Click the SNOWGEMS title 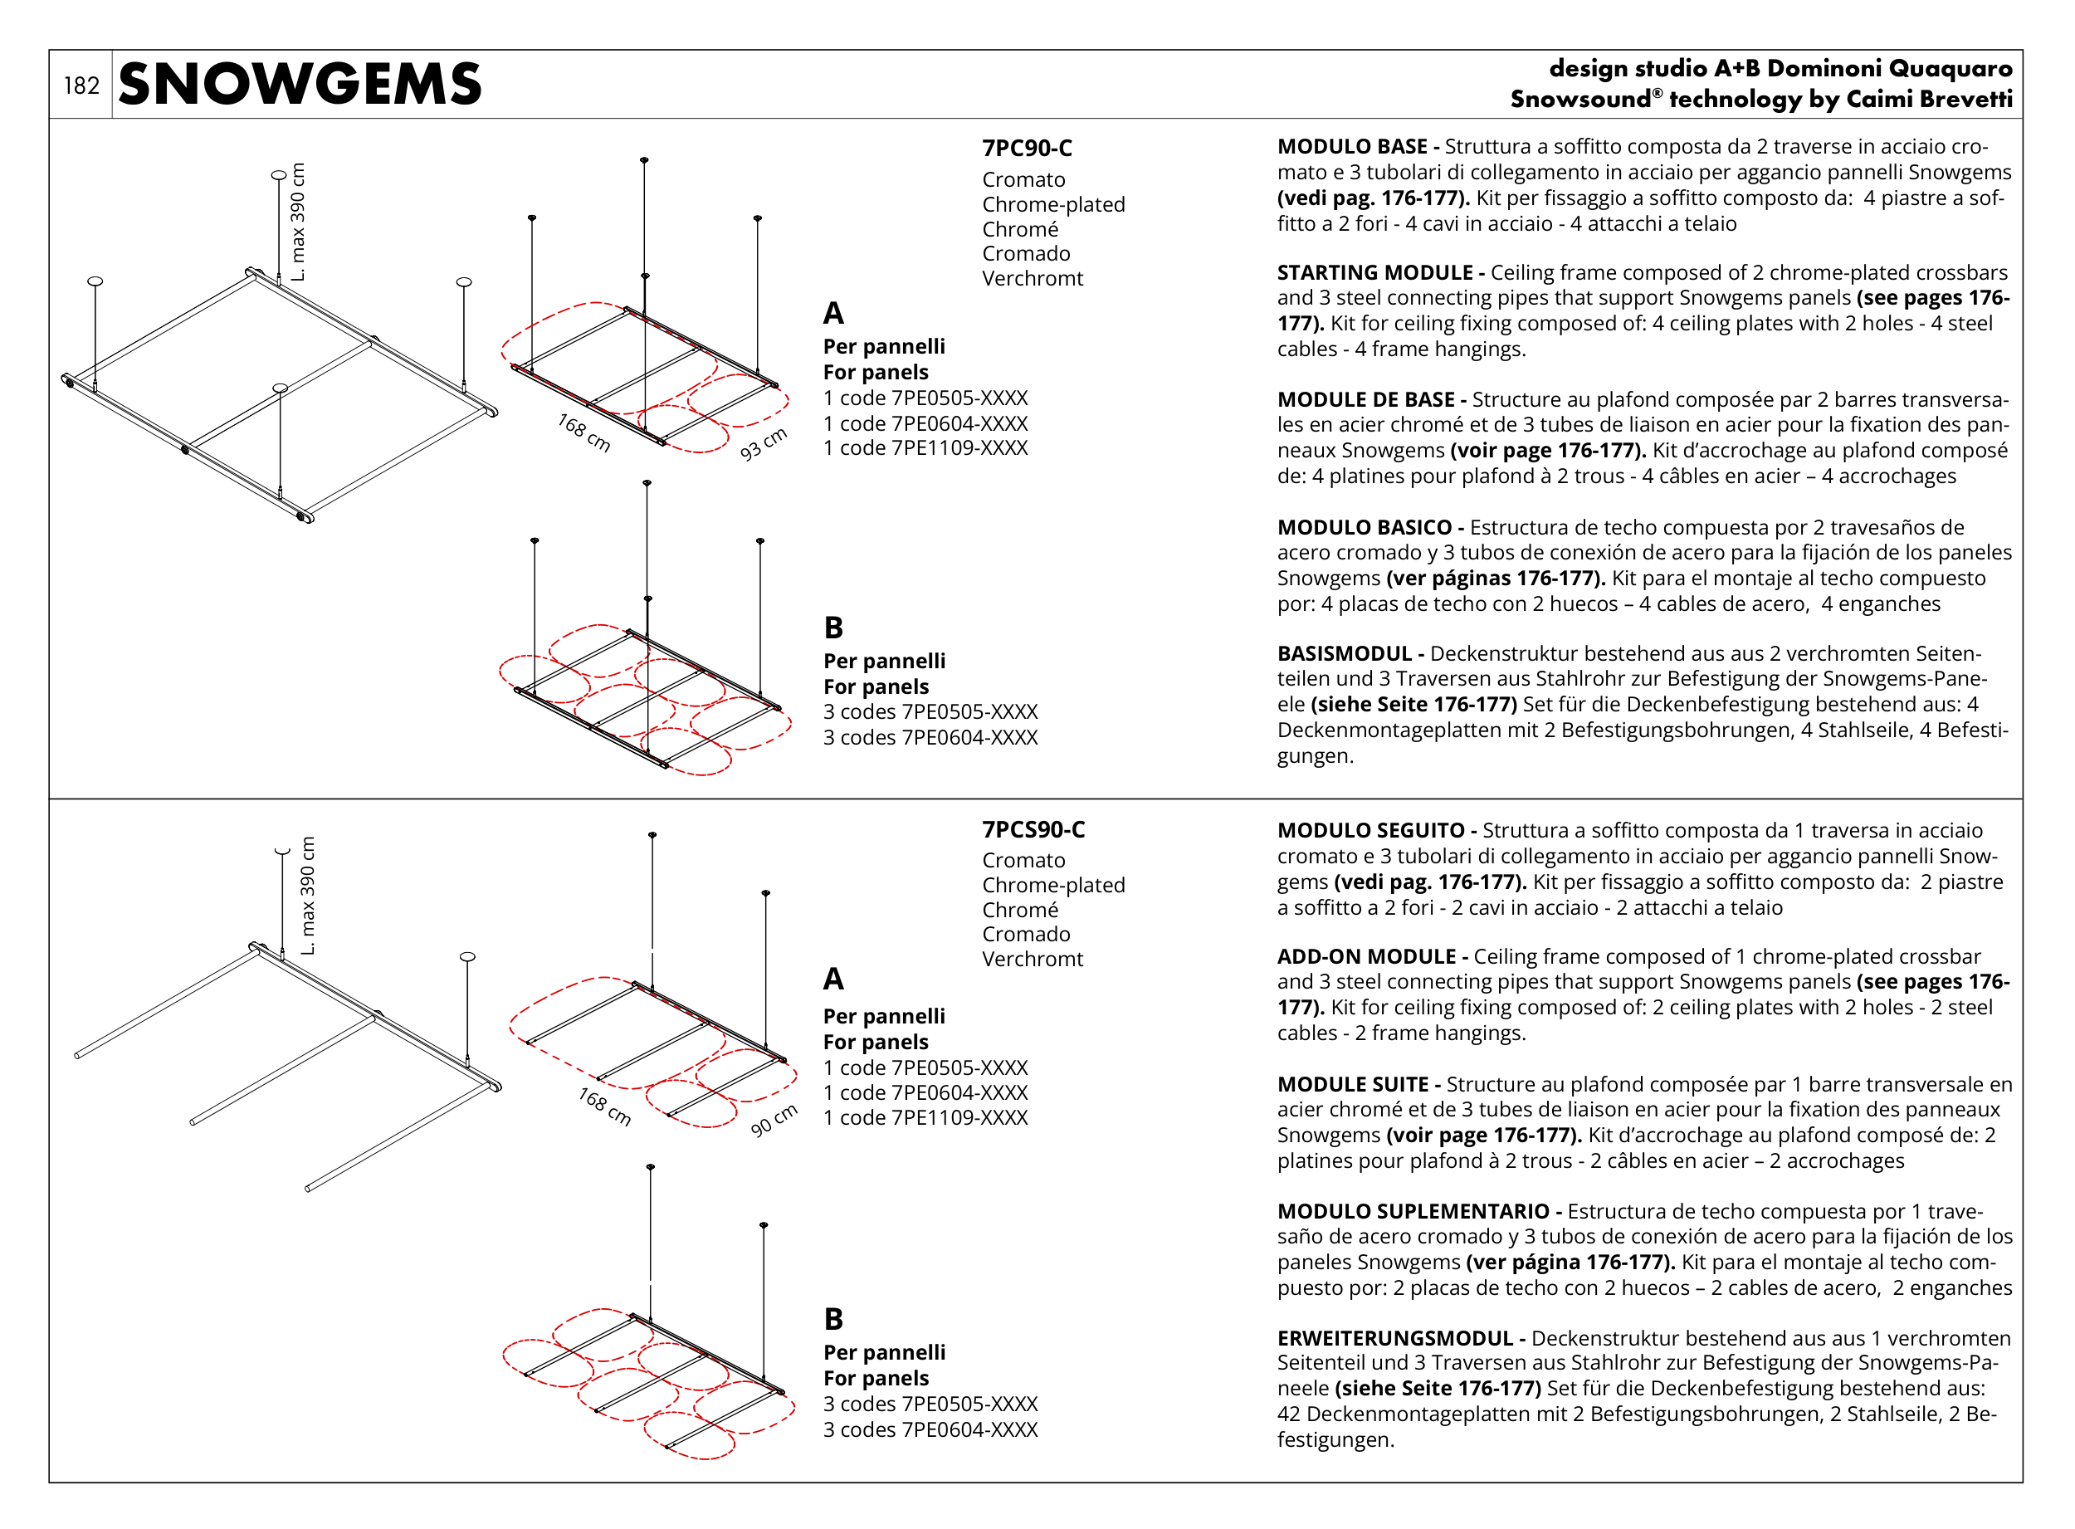click(x=299, y=84)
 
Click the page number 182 click(x=81, y=86)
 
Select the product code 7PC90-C click(x=1027, y=148)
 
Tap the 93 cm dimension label click(x=763, y=443)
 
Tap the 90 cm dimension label click(x=773, y=1120)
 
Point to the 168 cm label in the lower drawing click(x=604, y=1107)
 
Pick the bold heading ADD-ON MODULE click(x=1370, y=957)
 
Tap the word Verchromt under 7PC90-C click(x=1032, y=279)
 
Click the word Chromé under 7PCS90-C click(x=1020, y=910)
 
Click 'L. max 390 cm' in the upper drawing click(x=297, y=222)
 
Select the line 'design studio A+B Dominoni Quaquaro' click(x=1780, y=69)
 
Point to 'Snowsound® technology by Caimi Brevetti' click(x=1760, y=99)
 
